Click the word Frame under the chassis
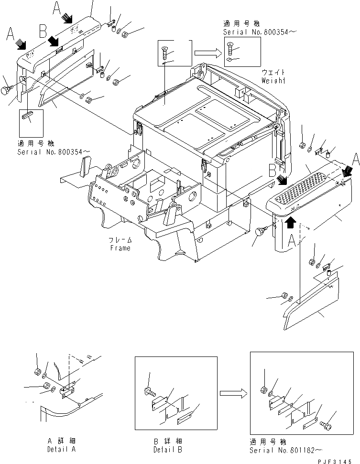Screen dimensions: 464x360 pos(120,248)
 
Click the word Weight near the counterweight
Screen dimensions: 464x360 pos(273,81)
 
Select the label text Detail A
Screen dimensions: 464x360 pos(61,450)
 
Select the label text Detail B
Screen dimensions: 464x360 pos(167,450)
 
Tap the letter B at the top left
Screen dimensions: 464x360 pos(43,32)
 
